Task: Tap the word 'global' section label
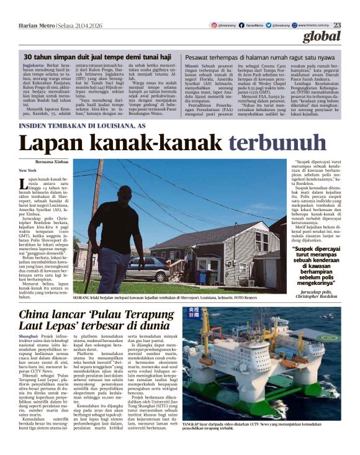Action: click(x=323, y=37)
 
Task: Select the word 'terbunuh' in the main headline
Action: click(x=271, y=143)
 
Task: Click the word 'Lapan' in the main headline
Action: click(x=50, y=143)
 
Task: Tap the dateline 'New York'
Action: click(x=28, y=170)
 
